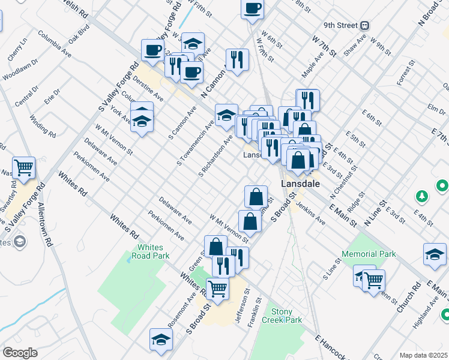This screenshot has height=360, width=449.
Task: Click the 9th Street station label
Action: pos(340,26)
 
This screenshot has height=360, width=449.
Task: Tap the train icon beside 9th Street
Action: pos(364,26)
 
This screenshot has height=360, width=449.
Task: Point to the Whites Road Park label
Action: pos(154,251)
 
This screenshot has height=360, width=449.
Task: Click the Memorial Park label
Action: pos(369,254)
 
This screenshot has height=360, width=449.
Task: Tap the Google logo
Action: pos(20,353)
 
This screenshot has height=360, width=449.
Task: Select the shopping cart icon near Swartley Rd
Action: pos(24,167)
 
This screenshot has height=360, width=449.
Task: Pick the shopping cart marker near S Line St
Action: pos(373,279)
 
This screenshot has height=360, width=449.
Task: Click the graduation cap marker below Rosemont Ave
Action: pos(161,340)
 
